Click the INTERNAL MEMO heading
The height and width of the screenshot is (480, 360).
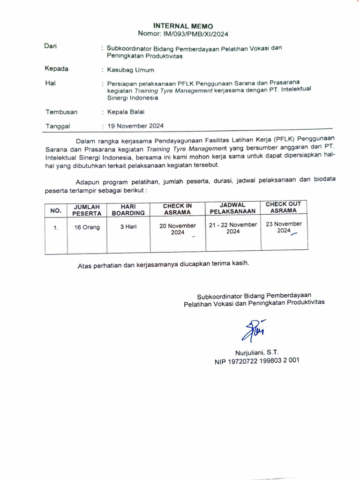coord(183,26)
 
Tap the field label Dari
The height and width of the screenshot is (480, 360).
coord(50,46)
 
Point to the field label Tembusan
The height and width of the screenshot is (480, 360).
coord(61,112)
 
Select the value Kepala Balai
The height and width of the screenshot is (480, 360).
coord(126,112)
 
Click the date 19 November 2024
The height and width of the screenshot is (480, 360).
coord(135,126)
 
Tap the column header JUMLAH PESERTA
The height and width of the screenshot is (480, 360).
coord(87,210)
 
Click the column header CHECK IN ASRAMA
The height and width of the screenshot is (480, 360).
coord(177,209)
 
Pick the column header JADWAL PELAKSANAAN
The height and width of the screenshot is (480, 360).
coord(233,208)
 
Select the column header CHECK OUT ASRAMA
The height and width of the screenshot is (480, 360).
coord(283,207)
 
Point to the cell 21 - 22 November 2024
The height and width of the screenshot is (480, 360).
coord(233,228)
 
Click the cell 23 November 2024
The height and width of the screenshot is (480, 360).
coord(284,227)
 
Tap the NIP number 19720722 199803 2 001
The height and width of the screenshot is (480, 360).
coord(257,361)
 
